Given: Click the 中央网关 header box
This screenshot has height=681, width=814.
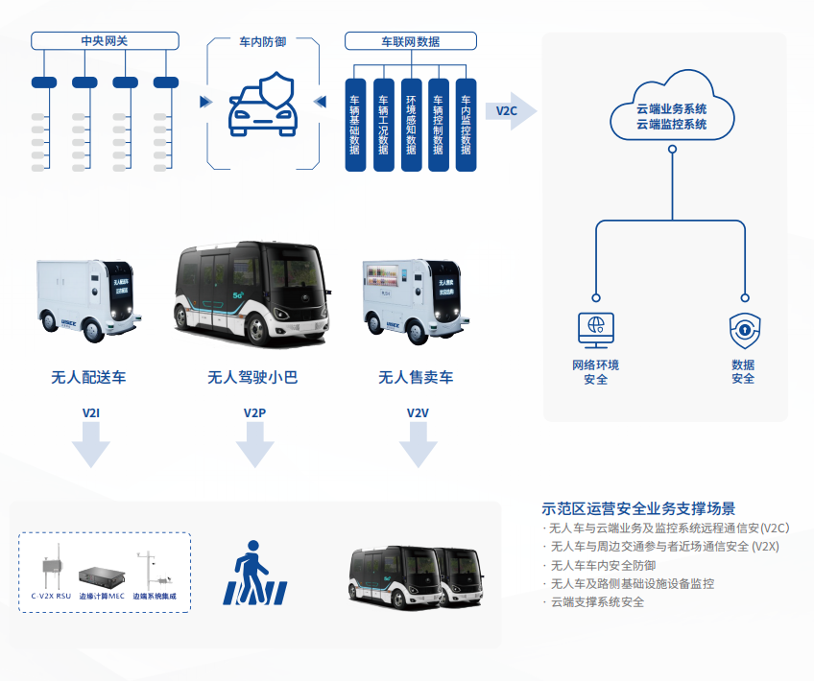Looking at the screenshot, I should point(105,40).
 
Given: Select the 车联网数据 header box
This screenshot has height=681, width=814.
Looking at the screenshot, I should point(410,41).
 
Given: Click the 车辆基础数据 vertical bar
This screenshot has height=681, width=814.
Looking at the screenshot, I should point(355,125).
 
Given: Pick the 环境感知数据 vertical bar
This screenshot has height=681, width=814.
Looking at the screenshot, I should point(411,125).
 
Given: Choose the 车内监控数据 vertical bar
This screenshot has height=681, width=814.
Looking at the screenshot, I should point(466,125).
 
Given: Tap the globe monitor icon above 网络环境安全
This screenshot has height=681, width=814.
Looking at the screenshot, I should point(595,329).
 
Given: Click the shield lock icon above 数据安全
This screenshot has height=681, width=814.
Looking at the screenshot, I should point(744,329).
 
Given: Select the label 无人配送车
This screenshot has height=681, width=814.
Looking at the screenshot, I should point(88,377).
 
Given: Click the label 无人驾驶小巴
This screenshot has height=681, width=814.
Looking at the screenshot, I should point(252,377).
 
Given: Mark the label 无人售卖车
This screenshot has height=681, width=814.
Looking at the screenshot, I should point(416,377).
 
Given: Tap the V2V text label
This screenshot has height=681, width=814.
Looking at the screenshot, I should point(418,413).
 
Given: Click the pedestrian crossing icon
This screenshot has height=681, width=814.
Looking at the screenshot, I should point(253,574).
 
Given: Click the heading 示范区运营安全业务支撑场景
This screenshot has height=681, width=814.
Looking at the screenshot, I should point(638,508).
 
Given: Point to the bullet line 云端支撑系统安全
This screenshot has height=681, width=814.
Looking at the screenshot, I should point(597,601).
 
